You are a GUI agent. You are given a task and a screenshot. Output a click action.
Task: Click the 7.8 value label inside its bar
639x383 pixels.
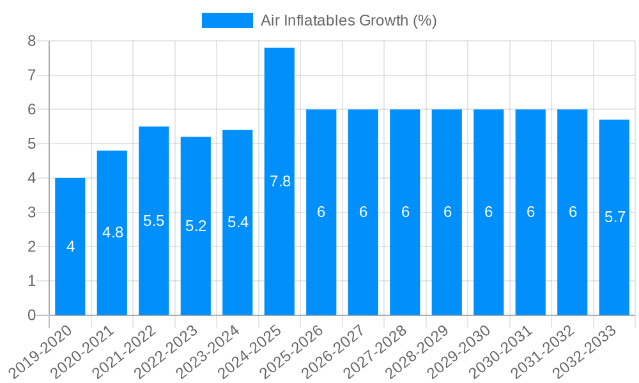pyautogui.click(x=280, y=181)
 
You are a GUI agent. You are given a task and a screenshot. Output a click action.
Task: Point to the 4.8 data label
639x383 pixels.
pyautogui.click(x=112, y=232)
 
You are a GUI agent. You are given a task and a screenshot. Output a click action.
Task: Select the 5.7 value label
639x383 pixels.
pyautogui.click(x=615, y=217)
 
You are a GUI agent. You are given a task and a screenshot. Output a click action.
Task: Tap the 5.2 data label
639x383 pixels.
pyautogui.click(x=196, y=226)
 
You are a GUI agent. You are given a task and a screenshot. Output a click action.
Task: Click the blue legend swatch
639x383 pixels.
pyautogui.click(x=227, y=20)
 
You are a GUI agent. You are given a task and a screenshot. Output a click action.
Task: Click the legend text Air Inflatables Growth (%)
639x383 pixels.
pyautogui.click(x=348, y=20)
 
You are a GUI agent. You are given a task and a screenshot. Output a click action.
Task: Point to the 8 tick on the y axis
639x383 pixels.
pyautogui.click(x=31, y=41)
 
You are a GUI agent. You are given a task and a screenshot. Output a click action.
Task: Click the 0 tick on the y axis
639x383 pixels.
pyautogui.click(x=31, y=315)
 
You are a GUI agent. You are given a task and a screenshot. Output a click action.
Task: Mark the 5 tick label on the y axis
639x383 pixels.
pyautogui.click(x=31, y=144)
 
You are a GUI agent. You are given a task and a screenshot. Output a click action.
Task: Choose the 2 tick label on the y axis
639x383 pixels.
pyautogui.click(x=31, y=247)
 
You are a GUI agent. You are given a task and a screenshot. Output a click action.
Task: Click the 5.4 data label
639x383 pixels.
pyautogui.click(x=238, y=222)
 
